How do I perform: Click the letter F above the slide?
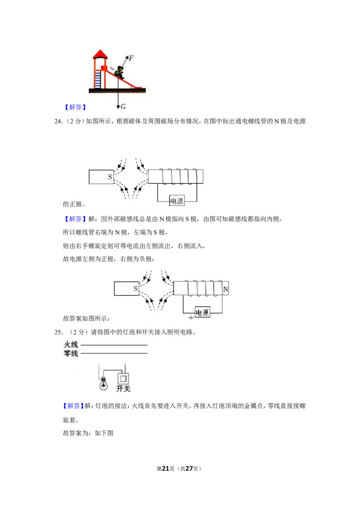[131, 58]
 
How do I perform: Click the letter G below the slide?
[123, 107]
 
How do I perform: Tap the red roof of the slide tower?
[100, 54]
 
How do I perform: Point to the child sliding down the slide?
[119, 72]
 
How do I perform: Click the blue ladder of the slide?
[98, 79]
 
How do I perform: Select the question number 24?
[58, 121]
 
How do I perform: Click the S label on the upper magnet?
[110, 177]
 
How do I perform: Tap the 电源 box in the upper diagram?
[177, 201]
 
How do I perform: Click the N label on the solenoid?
[225, 289]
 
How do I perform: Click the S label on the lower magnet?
[135, 289]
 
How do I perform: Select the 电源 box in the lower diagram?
[202, 313]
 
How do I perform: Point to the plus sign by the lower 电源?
[191, 317]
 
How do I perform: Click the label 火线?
[71, 345]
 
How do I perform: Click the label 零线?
[71, 353]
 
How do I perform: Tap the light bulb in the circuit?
[103, 383]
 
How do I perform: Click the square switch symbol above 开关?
[123, 379]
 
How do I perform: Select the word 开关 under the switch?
[123, 388]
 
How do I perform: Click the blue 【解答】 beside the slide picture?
[75, 107]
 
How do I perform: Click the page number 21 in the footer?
[166, 469]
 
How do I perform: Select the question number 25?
[58, 332]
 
